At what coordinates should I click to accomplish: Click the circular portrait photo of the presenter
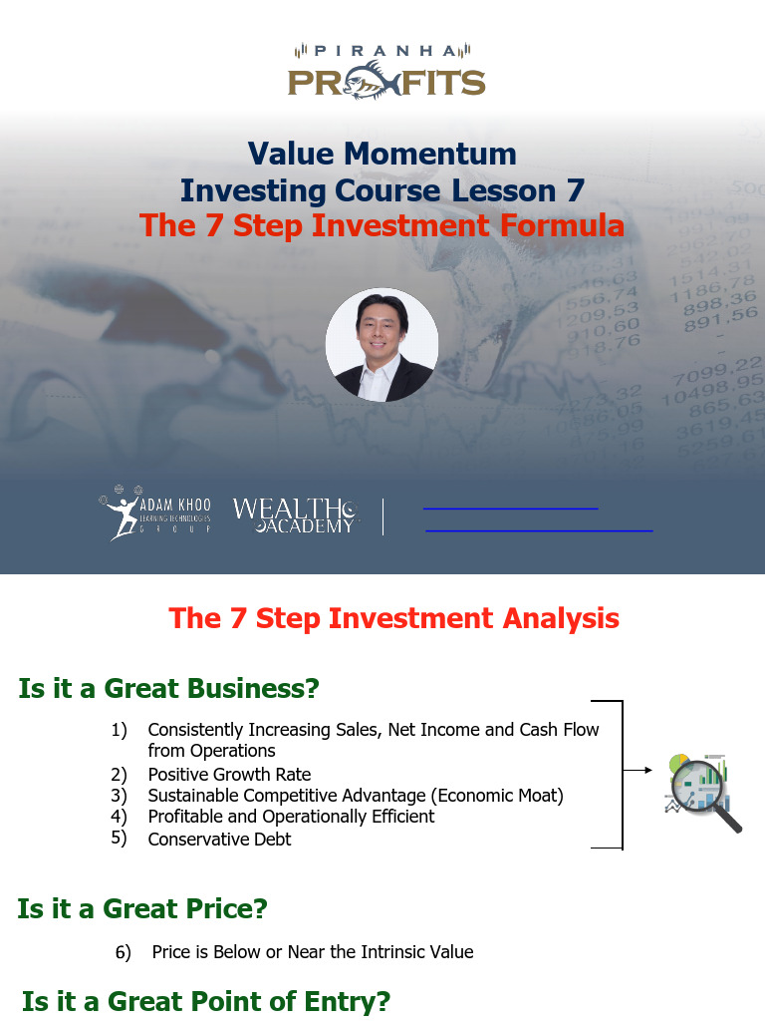[382, 345]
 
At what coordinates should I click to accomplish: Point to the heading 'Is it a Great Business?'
[168, 689]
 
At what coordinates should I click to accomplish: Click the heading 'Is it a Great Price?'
[142, 909]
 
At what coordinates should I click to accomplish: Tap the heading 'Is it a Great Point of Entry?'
[206, 1001]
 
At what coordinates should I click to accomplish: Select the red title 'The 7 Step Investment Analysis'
[394, 618]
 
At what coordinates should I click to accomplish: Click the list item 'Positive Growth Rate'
[229, 775]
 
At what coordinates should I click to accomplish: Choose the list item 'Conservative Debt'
[219, 840]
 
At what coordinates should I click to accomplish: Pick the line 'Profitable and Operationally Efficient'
[291, 817]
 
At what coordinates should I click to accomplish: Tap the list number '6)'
[124, 953]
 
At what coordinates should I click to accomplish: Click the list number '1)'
[120, 731]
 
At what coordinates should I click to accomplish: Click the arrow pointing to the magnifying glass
[638, 770]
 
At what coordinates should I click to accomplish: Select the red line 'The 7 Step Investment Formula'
[382, 226]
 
